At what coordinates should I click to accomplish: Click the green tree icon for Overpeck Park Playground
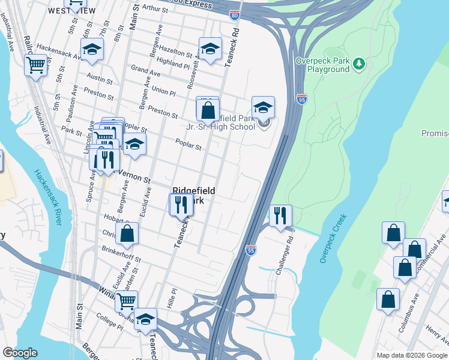(x=359, y=62)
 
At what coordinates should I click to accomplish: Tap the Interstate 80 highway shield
(x=234, y=16)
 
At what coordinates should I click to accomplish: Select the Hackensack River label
(x=49, y=197)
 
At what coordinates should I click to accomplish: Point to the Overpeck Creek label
(x=330, y=241)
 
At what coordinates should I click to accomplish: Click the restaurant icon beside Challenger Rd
(x=280, y=215)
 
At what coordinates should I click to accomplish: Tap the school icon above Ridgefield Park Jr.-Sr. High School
(x=263, y=108)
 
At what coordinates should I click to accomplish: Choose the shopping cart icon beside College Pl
(x=126, y=301)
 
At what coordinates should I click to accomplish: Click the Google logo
(x=20, y=353)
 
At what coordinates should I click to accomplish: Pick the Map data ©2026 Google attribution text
(x=412, y=355)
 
